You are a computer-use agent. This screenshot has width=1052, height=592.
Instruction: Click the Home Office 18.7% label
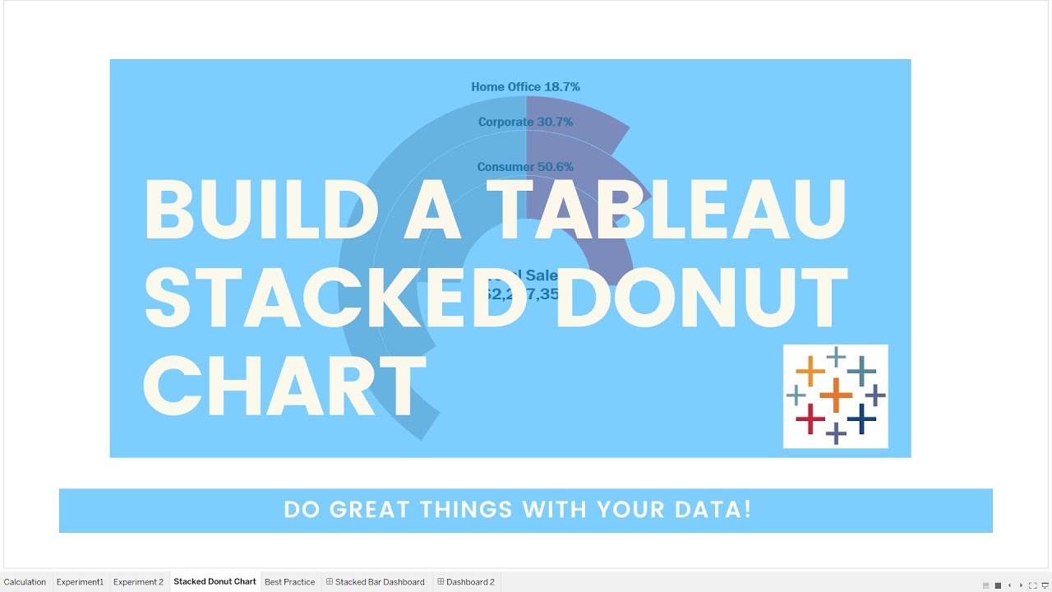(525, 86)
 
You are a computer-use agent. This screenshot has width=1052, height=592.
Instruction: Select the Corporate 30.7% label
(525, 122)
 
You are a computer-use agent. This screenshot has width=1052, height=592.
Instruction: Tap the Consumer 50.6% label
(525, 167)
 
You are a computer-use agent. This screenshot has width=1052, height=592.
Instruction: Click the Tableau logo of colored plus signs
(835, 396)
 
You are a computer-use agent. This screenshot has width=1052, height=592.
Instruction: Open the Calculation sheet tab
(25, 582)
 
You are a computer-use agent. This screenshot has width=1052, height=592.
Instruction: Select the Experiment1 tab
(80, 582)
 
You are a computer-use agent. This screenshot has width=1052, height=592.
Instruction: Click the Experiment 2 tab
(138, 582)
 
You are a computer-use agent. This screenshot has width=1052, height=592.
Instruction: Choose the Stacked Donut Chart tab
(215, 582)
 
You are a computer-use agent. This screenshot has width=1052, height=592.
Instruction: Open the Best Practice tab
(289, 582)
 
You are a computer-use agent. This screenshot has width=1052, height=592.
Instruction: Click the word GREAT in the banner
(371, 510)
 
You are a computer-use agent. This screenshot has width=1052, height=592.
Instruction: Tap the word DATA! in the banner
(716, 510)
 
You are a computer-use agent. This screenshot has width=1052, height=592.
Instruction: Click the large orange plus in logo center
(836, 395)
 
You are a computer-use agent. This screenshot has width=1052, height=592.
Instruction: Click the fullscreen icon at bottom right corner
(1033, 585)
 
